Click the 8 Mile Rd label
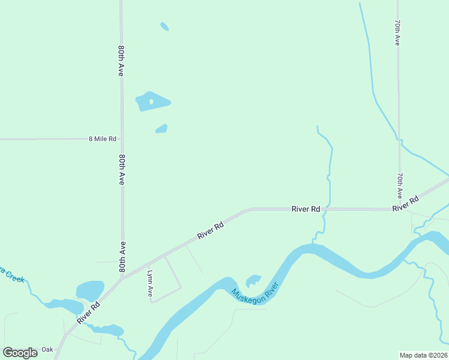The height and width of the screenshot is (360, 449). tap(102, 139)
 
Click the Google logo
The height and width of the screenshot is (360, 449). tap(20, 352)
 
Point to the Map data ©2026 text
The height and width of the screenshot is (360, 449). tap(424, 355)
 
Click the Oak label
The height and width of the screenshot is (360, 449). tap(47, 350)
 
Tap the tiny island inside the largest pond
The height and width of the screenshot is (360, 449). tap(151, 102)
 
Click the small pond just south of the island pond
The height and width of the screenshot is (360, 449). tap(161, 128)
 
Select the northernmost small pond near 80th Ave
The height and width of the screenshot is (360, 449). tap(164, 26)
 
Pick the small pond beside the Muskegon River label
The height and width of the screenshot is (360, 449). tap(253, 280)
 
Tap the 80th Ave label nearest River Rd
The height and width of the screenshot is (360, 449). tap(122, 257)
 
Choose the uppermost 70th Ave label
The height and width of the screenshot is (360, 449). tap(397, 32)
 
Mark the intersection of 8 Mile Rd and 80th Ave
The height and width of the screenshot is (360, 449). tap(122, 139)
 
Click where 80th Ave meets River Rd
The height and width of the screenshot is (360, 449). tap(123, 278)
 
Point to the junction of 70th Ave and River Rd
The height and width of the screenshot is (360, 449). tap(399, 209)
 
